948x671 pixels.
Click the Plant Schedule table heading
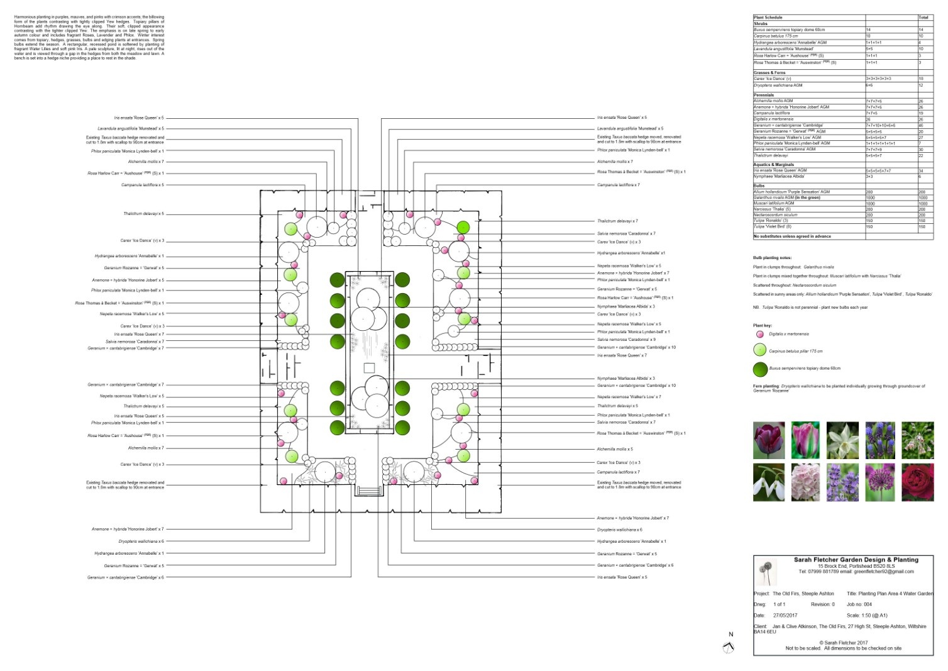pyautogui.click(x=768, y=18)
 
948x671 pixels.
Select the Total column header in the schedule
pyautogui.click(x=923, y=18)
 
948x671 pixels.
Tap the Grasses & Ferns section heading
pyautogui.click(x=769, y=73)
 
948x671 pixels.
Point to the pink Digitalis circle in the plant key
pyautogui.click(x=759, y=335)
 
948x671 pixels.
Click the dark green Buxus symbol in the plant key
pyautogui.click(x=760, y=369)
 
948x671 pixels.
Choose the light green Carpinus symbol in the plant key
pyautogui.click(x=760, y=351)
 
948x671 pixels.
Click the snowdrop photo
pyautogui.click(x=769, y=482)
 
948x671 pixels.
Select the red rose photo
pyautogui.click(x=918, y=482)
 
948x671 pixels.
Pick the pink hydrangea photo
pyautogui.click(x=806, y=482)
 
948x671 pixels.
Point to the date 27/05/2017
pyautogui.click(x=785, y=616)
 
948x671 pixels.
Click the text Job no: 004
pyautogui.click(x=859, y=604)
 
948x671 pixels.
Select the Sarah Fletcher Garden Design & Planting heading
pyautogui.click(x=856, y=560)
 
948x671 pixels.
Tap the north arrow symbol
pyautogui.click(x=729, y=648)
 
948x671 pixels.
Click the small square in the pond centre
pyautogui.click(x=369, y=367)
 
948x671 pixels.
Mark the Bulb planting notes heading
pyautogui.click(x=772, y=258)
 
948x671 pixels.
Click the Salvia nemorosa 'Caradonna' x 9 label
pyautogui.click(x=626, y=340)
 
